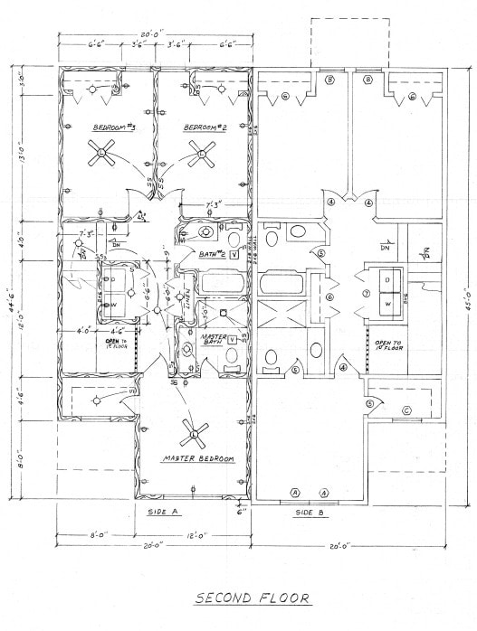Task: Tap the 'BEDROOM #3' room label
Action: (114, 127)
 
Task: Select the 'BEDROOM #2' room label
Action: (205, 127)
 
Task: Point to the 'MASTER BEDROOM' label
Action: (198, 460)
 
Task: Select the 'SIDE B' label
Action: (310, 512)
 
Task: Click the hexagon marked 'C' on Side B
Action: (406, 411)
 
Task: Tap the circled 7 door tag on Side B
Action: (366, 294)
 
